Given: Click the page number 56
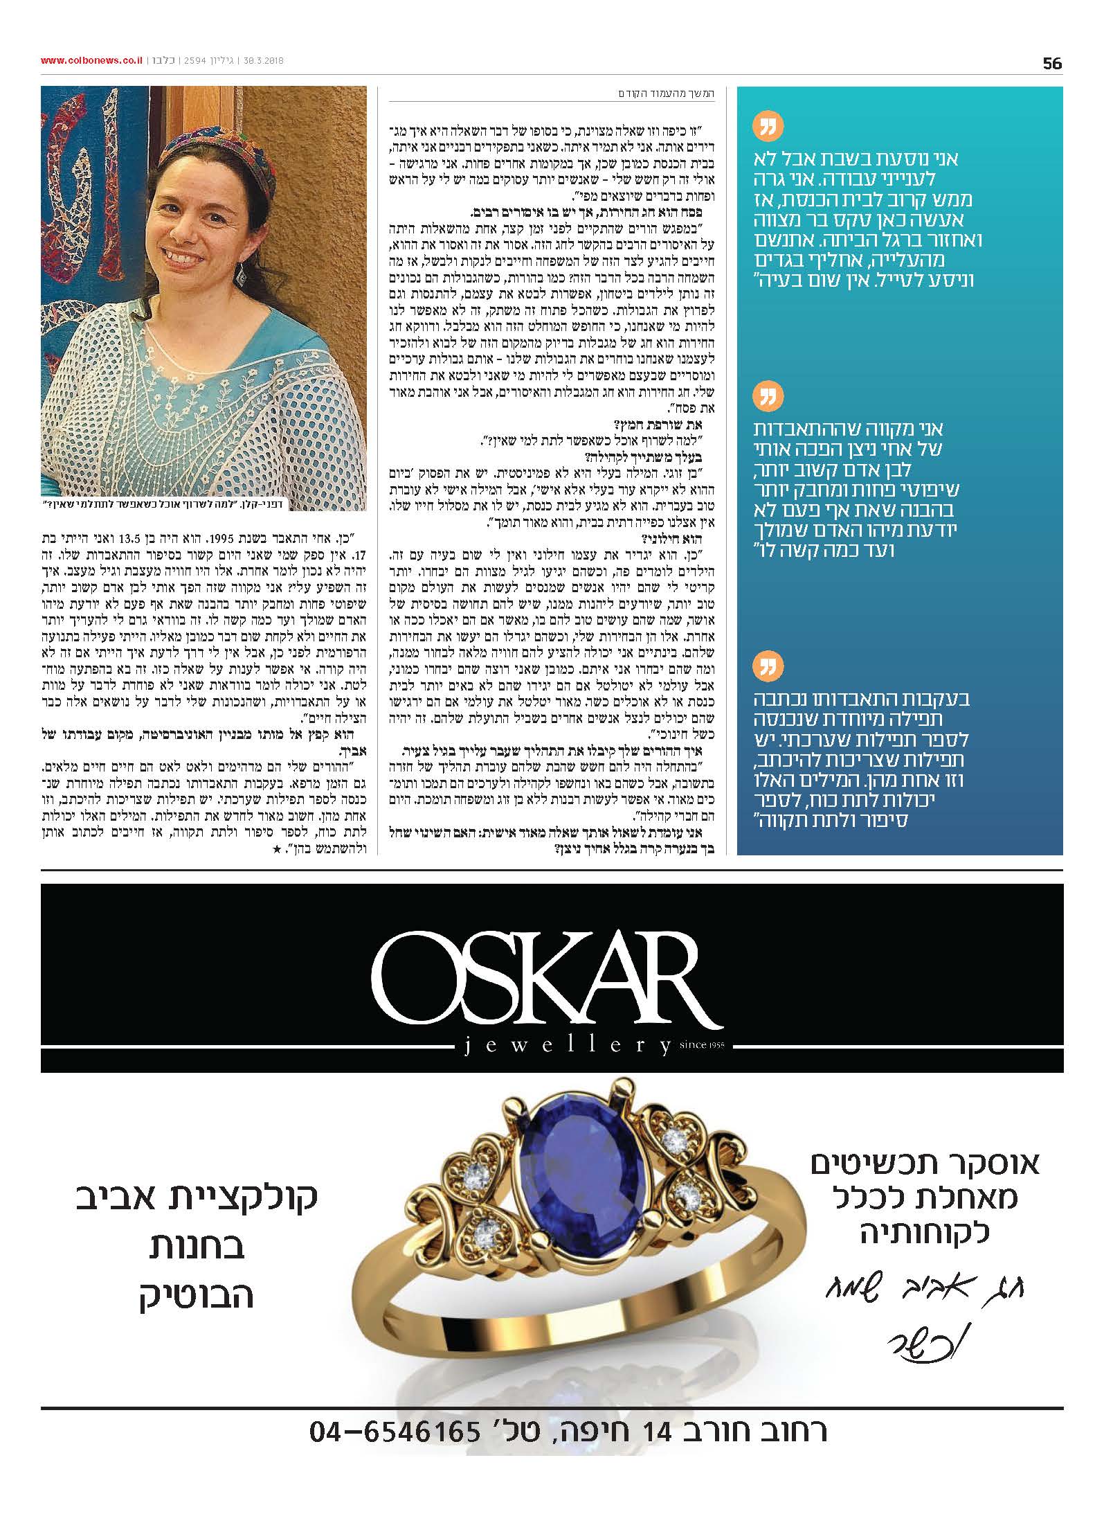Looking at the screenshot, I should pyautogui.click(x=1051, y=64).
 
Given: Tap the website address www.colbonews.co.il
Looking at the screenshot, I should pyautogui.click(x=91, y=61).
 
